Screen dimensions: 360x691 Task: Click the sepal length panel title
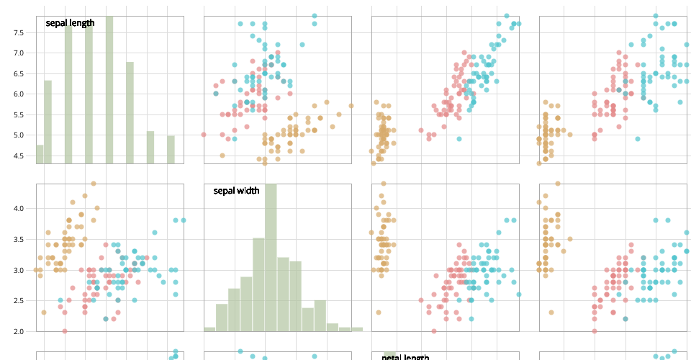tap(70, 23)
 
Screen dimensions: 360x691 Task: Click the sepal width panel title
tap(236, 191)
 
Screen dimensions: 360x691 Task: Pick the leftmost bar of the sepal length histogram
tap(40, 155)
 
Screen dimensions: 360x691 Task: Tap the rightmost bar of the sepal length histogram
tap(171, 150)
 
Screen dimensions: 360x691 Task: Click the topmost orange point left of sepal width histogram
tap(94, 184)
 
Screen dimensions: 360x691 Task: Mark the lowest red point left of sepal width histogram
tap(65, 331)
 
